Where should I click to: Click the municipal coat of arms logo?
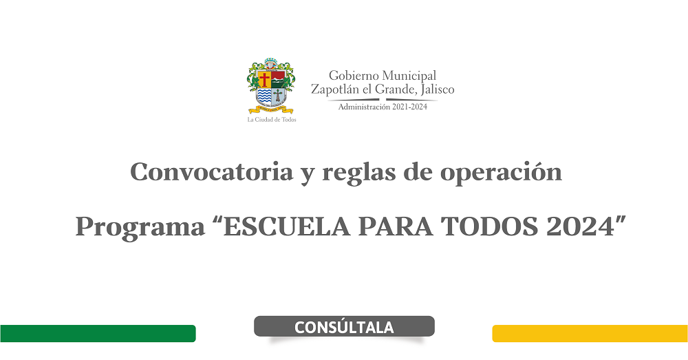click(270, 85)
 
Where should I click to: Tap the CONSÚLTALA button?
click(344, 327)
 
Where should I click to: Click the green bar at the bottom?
click(98, 333)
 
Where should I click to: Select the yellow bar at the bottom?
click(590, 333)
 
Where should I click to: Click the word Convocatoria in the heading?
click(211, 171)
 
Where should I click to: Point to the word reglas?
click(359, 173)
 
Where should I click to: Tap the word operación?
click(501, 173)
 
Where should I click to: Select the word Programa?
click(140, 227)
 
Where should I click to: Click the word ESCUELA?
click(287, 226)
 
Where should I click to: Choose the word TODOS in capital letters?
click(489, 226)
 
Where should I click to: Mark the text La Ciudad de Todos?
click(272, 119)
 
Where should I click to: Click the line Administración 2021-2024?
click(383, 107)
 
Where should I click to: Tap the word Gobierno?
click(354, 76)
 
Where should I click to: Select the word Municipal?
click(409, 76)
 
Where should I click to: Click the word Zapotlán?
click(335, 90)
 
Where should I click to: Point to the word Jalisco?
click(437, 90)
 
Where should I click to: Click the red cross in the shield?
click(264, 79)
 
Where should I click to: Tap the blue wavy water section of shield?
click(264, 96)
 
